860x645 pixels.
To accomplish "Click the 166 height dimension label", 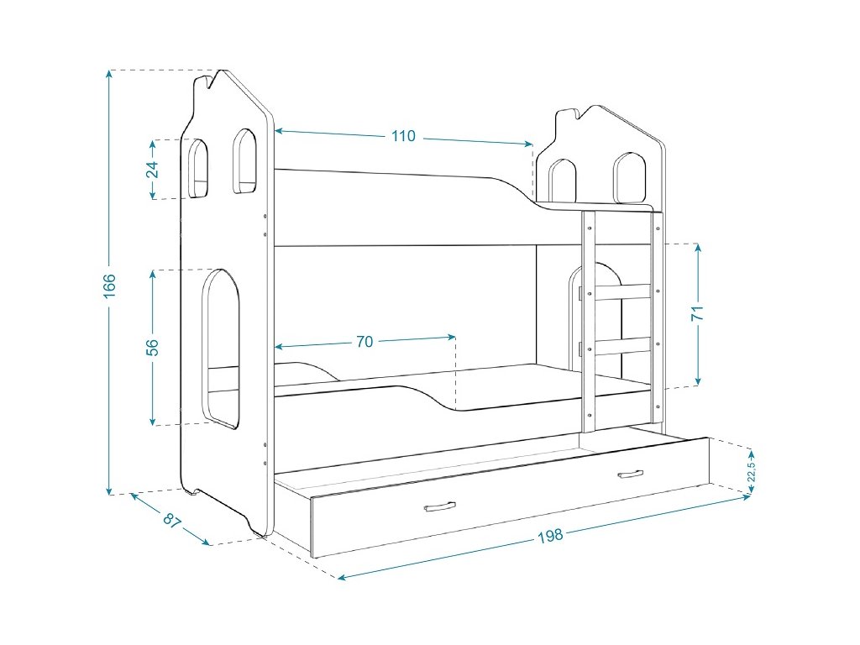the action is [x=110, y=285].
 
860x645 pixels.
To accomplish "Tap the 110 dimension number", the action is [x=403, y=136].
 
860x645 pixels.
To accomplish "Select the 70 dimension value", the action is [x=364, y=342].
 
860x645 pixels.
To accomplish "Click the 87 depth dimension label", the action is [x=172, y=521].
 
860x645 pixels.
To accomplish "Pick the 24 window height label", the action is [x=152, y=169].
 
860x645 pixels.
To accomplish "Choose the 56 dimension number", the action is [x=152, y=347].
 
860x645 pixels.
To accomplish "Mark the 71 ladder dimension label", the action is [x=698, y=314].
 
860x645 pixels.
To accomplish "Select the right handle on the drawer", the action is [x=629, y=475].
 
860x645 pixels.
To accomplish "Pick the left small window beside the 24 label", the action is [x=199, y=168].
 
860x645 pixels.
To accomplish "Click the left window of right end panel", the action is [x=563, y=181].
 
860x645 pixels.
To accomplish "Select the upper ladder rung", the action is [x=622, y=292].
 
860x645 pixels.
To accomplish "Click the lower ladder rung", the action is [x=622, y=345].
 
